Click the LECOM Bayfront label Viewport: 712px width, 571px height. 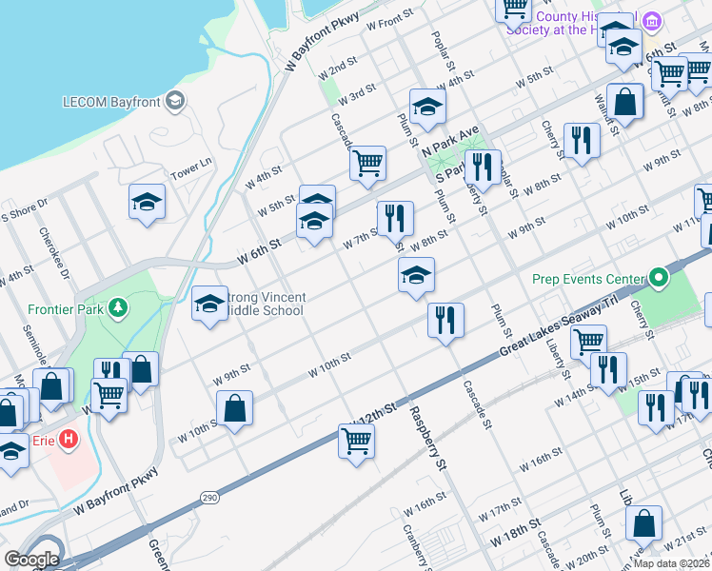pyautogui.click(x=110, y=100)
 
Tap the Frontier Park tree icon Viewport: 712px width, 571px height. pyautogui.click(x=118, y=307)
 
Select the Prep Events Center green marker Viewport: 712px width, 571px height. pyautogui.click(x=657, y=279)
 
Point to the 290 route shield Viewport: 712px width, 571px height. pyautogui.click(x=208, y=498)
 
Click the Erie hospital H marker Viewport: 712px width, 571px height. pyautogui.click(x=69, y=440)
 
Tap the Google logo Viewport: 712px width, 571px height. pyautogui.click(x=31, y=560)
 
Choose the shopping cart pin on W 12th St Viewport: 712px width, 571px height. pyautogui.click(x=356, y=441)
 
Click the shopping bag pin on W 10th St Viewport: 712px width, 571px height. pyautogui.click(x=234, y=408)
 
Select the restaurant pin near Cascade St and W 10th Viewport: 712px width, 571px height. pyautogui.click(x=445, y=320)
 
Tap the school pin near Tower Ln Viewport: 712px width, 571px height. pyautogui.click(x=147, y=202)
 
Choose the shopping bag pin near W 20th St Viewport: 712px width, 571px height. pyautogui.click(x=643, y=523)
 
